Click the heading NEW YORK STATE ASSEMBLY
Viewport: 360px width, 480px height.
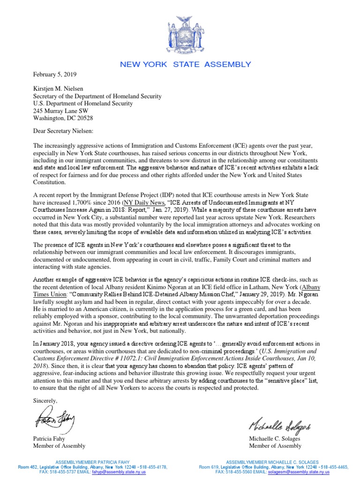186,65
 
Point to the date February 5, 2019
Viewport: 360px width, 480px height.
54,75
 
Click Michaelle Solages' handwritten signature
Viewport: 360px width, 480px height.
280,426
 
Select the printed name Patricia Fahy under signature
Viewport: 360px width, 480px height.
51,439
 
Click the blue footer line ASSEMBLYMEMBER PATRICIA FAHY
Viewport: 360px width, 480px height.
92,462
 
